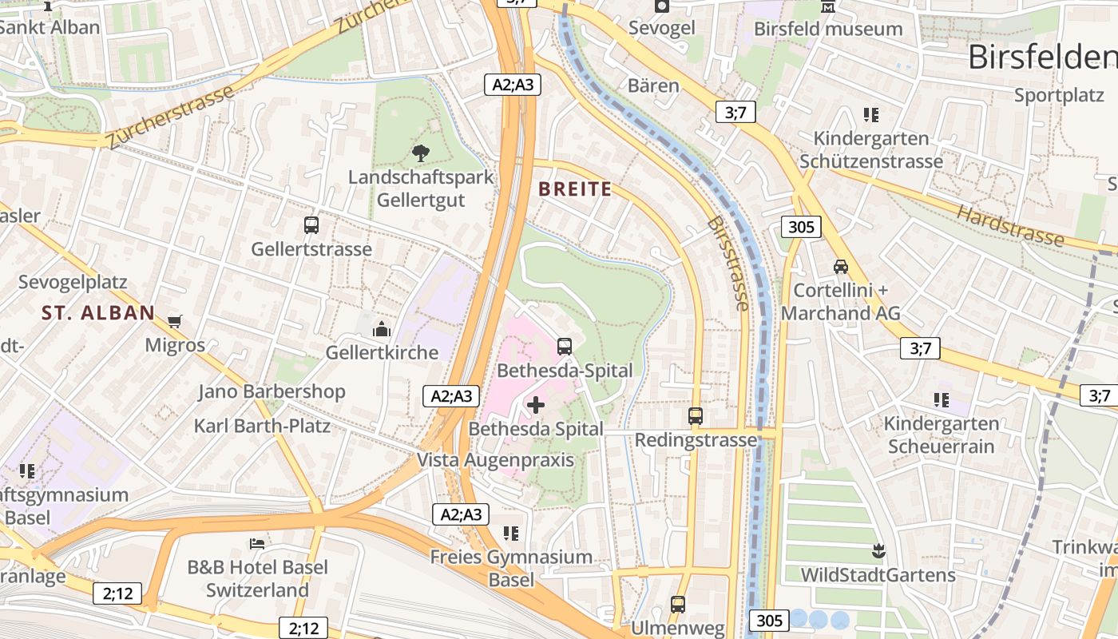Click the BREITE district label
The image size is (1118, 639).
coord(575,189)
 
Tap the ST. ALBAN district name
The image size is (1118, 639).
coord(98,313)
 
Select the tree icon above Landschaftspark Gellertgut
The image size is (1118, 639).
coord(420,153)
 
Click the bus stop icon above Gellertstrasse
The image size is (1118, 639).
coord(311,225)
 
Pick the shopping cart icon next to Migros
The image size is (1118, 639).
coord(175,321)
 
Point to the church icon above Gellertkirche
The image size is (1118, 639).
coord(382,328)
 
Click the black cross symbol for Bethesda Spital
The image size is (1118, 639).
coord(536,405)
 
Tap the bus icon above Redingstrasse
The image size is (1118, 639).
coord(696,416)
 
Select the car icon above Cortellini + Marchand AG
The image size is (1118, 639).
coord(841,266)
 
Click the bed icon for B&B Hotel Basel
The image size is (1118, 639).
coord(257,543)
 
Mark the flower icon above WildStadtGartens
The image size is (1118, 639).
coord(878,550)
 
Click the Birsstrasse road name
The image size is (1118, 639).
coord(727,264)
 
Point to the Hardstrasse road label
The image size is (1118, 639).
coord(1010,225)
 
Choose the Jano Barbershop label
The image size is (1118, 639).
coord(272,391)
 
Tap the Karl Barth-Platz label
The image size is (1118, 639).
coord(262,426)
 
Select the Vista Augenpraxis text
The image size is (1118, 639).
coord(495,460)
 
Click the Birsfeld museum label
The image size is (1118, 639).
coord(828,30)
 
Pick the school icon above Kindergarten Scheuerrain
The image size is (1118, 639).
coord(942,399)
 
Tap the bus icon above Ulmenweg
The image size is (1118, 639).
coord(678,605)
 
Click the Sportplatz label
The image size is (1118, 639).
coord(1059,95)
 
